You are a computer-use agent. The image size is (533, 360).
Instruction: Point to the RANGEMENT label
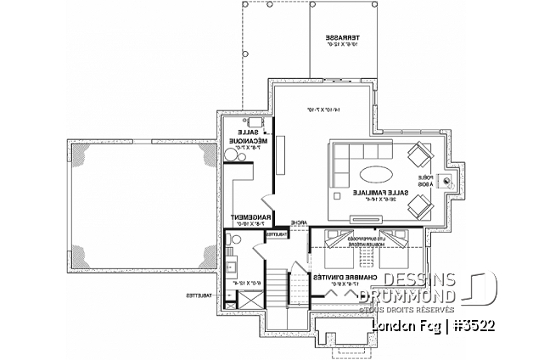(242, 216)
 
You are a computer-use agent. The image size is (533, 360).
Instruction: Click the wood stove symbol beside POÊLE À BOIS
(457, 179)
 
